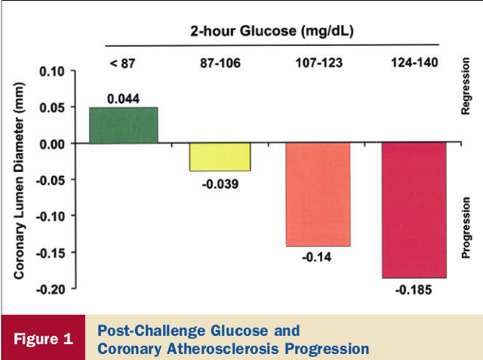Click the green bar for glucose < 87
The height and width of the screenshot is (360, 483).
(124, 125)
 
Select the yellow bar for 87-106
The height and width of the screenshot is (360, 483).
(220, 157)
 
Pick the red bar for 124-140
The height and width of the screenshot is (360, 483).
(414, 210)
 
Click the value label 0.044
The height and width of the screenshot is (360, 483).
(122, 99)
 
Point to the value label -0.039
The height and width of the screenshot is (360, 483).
(220, 183)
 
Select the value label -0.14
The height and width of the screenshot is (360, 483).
(318, 258)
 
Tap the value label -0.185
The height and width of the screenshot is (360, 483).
(414, 291)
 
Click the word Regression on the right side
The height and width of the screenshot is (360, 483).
(466, 91)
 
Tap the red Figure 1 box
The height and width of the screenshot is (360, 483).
(45, 338)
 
